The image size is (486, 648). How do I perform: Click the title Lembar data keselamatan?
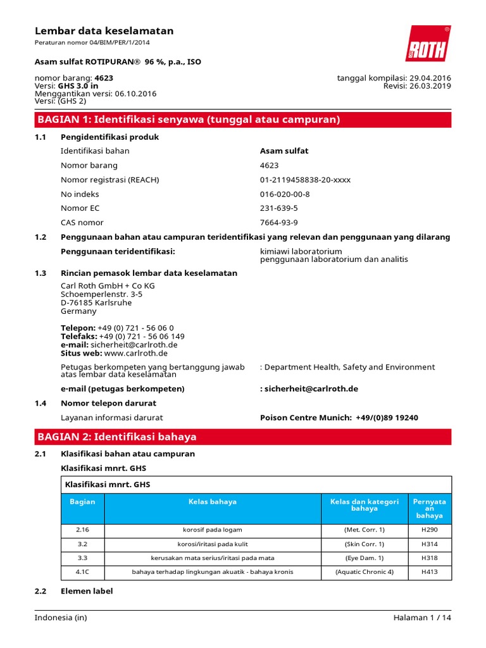104,31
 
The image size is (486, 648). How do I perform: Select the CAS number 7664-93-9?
278,223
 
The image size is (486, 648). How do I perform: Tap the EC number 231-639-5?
278,208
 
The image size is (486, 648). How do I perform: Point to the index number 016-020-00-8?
285,194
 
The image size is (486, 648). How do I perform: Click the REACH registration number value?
305,180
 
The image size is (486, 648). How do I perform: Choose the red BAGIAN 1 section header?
243,120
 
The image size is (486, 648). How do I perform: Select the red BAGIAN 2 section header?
243,437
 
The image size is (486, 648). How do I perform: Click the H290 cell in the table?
429,530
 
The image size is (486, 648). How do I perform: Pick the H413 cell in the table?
429,572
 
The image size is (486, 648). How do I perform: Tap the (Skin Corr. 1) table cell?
364,544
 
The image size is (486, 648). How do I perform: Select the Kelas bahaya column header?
213,502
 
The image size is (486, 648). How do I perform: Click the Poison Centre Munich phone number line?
339,418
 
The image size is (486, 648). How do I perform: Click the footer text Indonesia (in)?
63,618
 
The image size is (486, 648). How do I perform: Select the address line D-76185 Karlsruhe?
96,302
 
